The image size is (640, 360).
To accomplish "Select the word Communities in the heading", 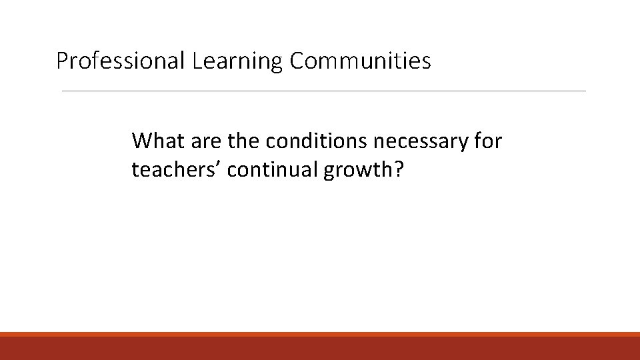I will click(x=360, y=61).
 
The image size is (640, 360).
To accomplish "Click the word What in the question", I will click(x=154, y=141).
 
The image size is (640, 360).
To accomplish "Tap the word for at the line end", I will click(x=488, y=141).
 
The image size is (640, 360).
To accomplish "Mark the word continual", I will click(x=273, y=170).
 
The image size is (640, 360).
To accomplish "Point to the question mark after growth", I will click(x=399, y=170).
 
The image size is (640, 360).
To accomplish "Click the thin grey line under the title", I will click(x=324, y=91).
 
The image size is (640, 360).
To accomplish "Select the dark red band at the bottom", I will click(x=320, y=348).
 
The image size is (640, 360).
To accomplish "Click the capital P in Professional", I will click(x=62, y=61).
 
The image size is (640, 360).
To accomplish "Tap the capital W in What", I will click(x=141, y=141).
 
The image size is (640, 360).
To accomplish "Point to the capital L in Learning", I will click(x=196, y=61).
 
